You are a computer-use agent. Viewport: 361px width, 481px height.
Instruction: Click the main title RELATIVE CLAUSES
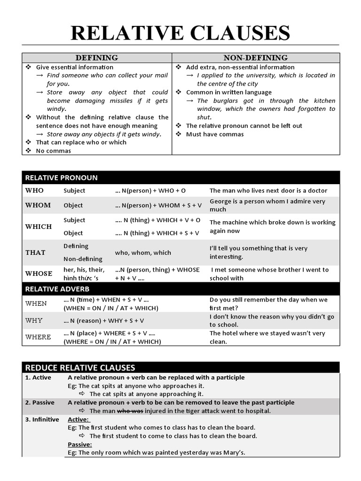click(180, 33)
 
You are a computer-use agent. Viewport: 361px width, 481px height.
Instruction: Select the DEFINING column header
click(97, 58)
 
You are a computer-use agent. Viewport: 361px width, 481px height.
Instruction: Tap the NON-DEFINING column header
click(255, 58)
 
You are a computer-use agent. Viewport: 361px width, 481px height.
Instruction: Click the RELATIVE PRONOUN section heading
click(61, 178)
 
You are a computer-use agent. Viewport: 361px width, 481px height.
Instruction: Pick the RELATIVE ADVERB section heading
click(57, 288)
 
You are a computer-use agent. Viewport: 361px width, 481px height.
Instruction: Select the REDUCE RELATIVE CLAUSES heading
click(80, 367)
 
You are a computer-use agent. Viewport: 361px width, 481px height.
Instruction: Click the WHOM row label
click(38, 205)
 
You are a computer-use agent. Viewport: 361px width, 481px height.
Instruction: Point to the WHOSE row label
click(39, 273)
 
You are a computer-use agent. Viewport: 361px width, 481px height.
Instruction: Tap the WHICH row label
click(39, 226)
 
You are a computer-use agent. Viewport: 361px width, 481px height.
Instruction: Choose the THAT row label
click(35, 252)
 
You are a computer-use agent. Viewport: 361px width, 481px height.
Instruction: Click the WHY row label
click(34, 320)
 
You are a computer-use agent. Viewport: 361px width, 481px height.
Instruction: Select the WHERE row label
click(38, 337)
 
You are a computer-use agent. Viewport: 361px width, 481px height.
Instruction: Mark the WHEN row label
click(36, 303)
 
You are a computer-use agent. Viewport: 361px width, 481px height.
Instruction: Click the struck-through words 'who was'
click(129, 411)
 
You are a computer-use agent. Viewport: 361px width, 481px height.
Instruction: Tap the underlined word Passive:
click(80, 444)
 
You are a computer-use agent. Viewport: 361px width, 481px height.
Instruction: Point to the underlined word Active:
click(78, 419)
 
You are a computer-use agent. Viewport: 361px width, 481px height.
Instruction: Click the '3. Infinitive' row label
click(42, 419)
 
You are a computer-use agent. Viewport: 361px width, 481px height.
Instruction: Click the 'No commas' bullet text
click(54, 151)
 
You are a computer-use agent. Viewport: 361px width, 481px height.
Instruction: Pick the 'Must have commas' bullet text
click(215, 134)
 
